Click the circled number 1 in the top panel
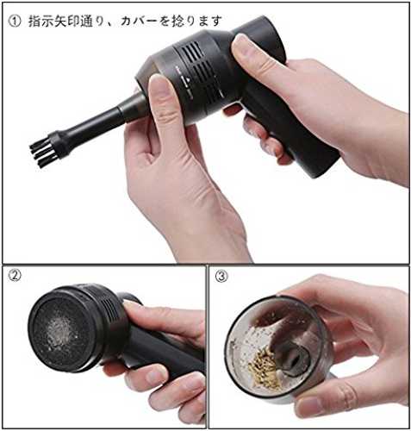pos(15,22)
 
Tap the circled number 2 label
pos(15,276)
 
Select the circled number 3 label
pos(221,277)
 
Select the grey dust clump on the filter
pos(61,329)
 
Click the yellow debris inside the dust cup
pos(264,366)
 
